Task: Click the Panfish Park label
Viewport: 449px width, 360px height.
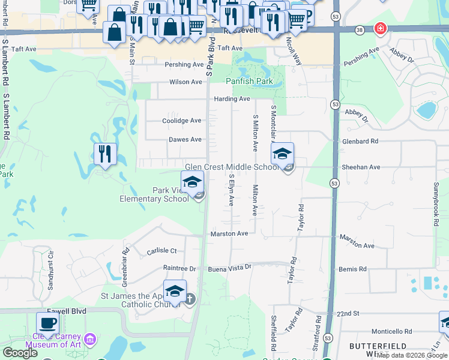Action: pos(249,81)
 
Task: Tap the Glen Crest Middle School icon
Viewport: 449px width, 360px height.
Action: pos(282,155)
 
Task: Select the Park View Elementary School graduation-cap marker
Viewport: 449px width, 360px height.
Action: pos(192,182)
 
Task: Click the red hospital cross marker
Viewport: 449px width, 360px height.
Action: pos(379,28)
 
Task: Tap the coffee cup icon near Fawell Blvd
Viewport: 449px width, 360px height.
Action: pos(47,323)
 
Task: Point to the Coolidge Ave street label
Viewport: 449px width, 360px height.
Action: pos(182,121)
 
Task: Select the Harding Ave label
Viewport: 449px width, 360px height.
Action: pos(232,99)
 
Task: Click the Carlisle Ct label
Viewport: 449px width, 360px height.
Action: pos(161,251)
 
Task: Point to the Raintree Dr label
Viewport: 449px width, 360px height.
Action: pos(179,268)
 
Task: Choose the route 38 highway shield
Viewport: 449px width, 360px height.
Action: pos(359,29)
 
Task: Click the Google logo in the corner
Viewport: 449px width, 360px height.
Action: pos(20,353)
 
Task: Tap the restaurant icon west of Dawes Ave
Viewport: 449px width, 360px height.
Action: pos(105,154)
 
